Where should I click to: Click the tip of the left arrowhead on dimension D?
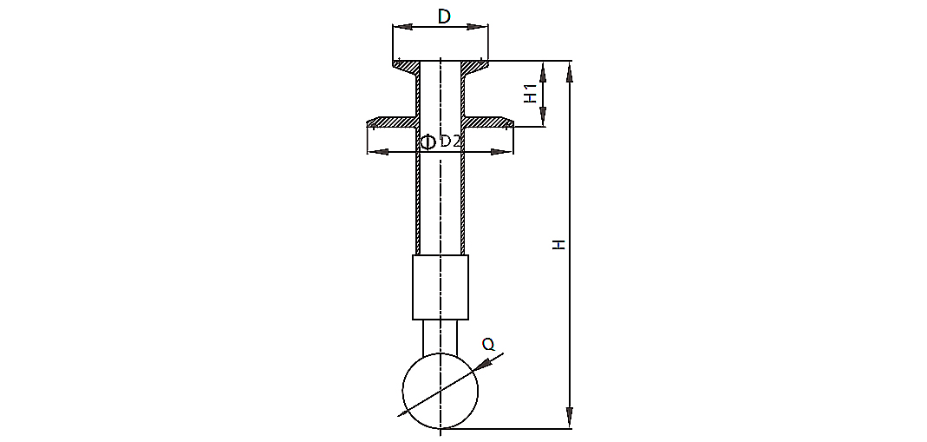tap(394, 27)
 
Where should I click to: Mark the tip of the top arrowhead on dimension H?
tap(570, 62)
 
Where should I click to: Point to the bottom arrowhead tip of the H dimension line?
tap(570, 427)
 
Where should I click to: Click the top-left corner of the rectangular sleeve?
tap(413, 255)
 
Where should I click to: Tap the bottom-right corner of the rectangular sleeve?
tap(468, 320)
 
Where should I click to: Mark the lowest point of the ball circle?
tap(441, 428)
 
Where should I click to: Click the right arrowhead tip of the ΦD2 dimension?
tap(512, 152)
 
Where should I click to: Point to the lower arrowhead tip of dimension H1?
tap(543, 125)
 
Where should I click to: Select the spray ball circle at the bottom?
tap(441, 391)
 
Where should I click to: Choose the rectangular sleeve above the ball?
tap(441, 287)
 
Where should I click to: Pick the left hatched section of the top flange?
tap(406, 68)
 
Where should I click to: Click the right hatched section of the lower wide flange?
tap(487, 122)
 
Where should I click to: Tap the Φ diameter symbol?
tap(428, 142)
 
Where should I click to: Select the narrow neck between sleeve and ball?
tap(441, 338)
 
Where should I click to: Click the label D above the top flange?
tap(445, 16)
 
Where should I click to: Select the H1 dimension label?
tap(532, 93)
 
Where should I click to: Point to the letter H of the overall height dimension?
tap(559, 244)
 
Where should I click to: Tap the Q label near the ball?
tap(488, 345)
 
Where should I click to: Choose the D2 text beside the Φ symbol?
tap(450, 141)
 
